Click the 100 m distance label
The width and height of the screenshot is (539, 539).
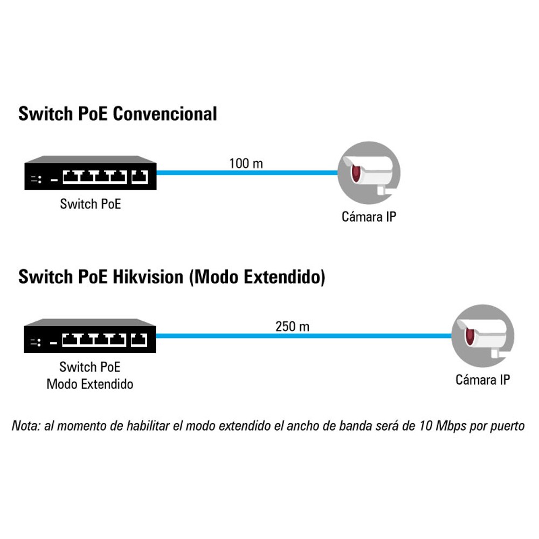[246, 163]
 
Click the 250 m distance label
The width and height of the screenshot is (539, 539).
[292, 326]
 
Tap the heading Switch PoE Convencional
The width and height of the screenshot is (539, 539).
[118, 114]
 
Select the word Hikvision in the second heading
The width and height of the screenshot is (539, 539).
[148, 277]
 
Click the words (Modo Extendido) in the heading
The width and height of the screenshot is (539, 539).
[257, 277]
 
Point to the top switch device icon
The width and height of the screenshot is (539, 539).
[91, 173]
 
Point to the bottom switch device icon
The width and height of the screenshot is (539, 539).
[89, 336]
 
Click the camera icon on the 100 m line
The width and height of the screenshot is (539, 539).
[369, 173]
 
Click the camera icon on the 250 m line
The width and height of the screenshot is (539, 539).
[482, 336]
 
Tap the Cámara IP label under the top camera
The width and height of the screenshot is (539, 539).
[369, 217]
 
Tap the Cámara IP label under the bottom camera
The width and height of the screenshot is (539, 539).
[482, 380]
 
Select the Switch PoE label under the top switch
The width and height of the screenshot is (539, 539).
[91, 204]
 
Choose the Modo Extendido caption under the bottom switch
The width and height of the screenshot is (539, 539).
[89, 384]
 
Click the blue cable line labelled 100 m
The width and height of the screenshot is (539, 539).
[247, 173]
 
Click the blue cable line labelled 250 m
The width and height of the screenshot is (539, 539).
[303, 336]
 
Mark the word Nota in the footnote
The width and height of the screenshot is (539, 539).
[26, 426]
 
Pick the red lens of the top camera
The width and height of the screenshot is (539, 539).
[355, 173]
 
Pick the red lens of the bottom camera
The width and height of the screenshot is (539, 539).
[469, 336]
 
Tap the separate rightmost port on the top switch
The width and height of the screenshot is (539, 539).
[140, 177]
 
